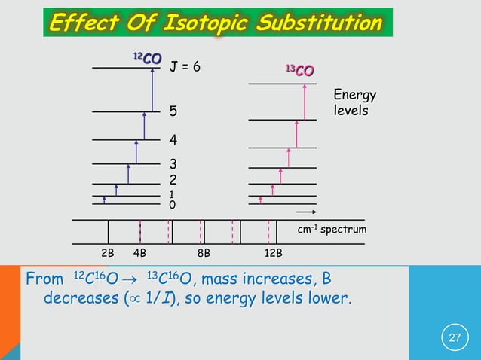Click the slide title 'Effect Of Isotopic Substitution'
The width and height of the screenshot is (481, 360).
216,23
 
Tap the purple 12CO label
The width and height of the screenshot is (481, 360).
146,57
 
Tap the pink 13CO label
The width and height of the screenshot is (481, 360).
299,72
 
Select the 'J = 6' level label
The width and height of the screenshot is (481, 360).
185,67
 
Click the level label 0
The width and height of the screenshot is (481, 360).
172,204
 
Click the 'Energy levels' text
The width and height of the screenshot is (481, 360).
354,103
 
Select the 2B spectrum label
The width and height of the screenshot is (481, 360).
108,252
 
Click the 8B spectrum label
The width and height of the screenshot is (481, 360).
204,252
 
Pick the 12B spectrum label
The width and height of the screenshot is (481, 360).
273,252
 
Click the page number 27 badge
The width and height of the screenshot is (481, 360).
455,337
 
